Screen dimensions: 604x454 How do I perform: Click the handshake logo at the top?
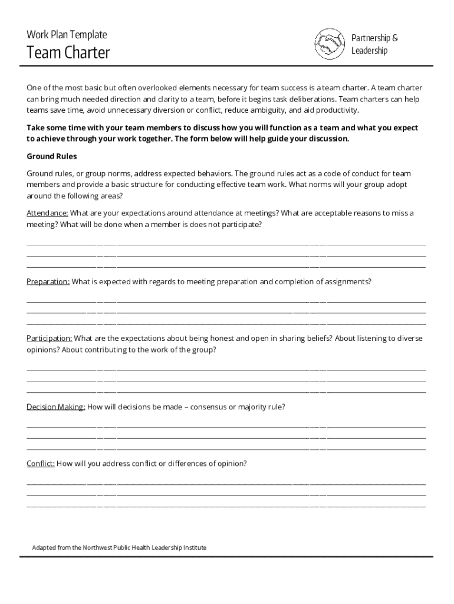(330, 44)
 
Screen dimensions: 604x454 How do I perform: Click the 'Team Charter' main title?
(68, 54)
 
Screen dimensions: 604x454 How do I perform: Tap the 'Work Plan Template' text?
(67, 35)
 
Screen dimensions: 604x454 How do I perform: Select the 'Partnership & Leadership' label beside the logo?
(374, 44)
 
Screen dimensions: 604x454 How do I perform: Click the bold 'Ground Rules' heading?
(52, 156)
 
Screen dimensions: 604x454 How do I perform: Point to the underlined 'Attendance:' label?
(47, 213)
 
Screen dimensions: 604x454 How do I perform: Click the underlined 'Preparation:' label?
(48, 282)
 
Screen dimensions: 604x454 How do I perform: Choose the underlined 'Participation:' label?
(50, 339)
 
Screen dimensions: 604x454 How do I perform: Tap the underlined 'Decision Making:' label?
(56, 407)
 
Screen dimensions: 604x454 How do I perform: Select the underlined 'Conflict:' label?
(41, 464)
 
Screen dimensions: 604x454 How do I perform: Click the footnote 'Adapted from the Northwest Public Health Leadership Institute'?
(119, 547)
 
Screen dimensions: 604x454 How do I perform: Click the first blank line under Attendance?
(226, 244)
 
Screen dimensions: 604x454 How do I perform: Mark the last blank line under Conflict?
(226, 507)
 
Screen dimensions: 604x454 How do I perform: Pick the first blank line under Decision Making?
(226, 427)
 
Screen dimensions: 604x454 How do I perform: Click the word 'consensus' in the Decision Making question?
(208, 407)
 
